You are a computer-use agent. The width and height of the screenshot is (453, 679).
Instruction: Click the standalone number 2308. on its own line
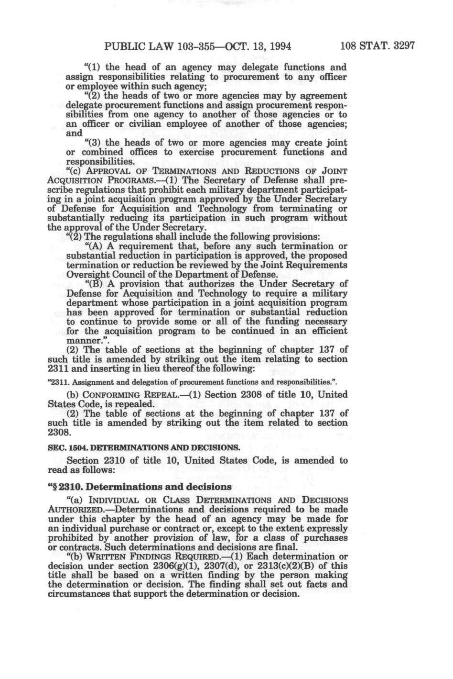point(60,432)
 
